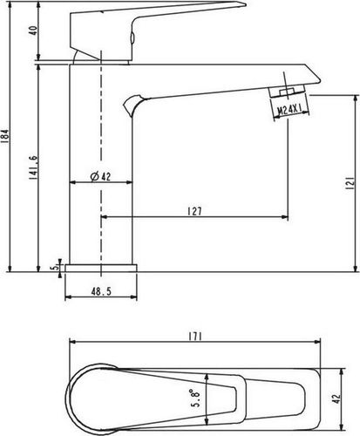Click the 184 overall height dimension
(x=6, y=137)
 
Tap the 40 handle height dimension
(x=33, y=31)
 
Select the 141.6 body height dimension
(x=33, y=167)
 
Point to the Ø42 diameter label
(x=100, y=176)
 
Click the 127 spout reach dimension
(x=194, y=211)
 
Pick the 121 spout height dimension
(x=350, y=183)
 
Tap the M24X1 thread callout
(x=289, y=111)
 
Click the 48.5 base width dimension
(x=101, y=291)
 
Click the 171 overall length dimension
(x=195, y=337)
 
